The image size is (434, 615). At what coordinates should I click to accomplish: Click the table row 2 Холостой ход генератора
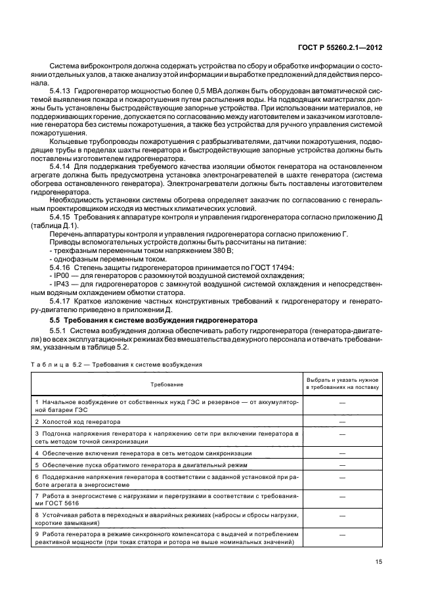click(82, 421)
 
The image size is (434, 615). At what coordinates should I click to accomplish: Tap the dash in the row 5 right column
click(342, 464)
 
